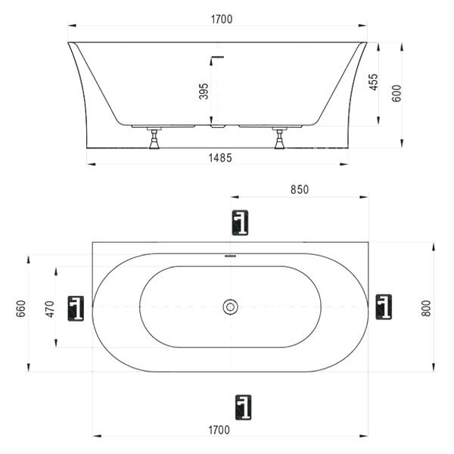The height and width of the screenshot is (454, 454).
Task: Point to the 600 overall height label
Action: (x=396, y=92)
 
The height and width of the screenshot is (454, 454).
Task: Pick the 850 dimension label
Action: (x=300, y=190)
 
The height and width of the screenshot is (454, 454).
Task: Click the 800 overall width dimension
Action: (x=426, y=308)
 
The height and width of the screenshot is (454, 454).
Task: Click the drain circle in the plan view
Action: (x=231, y=306)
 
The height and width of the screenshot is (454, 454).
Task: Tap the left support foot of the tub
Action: (x=154, y=139)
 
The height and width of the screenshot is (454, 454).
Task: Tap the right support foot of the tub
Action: (x=279, y=139)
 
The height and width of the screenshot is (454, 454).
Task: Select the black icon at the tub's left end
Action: (x=76, y=308)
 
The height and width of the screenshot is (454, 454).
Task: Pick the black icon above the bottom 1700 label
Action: (x=242, y=406)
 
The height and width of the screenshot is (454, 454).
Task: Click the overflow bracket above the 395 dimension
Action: (x=216, y=58)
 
